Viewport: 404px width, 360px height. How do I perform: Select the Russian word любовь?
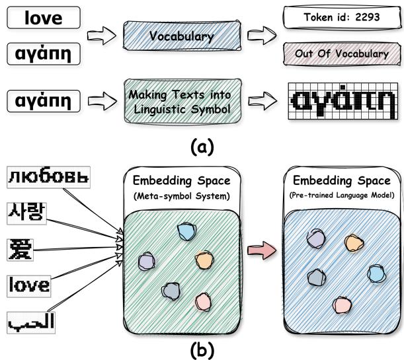coord(48,178)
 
